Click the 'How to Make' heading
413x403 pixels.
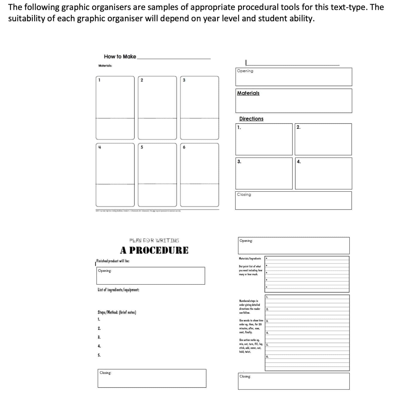coord(120,57)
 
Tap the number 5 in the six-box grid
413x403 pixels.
coord(142,147)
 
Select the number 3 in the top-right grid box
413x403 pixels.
coord(184,80)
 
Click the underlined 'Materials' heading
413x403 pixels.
coord(248,93)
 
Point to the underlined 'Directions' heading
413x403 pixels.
coord(251,119)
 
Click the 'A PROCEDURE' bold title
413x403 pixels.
coord(154,250)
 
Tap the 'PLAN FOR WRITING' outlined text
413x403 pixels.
coord(154,240)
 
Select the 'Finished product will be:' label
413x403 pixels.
coord(113,261)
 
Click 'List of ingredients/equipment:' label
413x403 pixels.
coord(118,290)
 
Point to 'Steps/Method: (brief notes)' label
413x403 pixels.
coord(117,312)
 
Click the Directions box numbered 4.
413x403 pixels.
coord(323,173)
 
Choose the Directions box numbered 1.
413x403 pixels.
coord(264,139)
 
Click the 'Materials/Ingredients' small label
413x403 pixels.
coord(250,259)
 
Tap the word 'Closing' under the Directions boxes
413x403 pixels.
coord(244,195)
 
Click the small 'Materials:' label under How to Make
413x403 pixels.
coord(105,66)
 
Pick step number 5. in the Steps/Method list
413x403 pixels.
coord(99,355)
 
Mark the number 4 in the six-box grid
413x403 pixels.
coord(100,147)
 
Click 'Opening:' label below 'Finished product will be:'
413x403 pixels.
coord(105,271)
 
